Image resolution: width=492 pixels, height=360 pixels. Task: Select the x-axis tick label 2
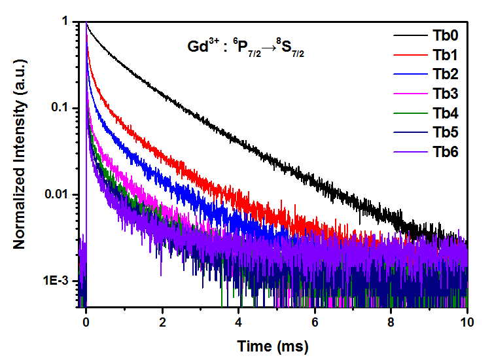coord(162,323)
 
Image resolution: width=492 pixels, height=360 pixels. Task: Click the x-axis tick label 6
coord(315,323)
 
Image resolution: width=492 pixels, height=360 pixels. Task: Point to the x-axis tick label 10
coord(466,323)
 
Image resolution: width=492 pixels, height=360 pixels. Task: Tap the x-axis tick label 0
coord(86,323)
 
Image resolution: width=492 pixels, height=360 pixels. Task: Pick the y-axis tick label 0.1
coord(60,108)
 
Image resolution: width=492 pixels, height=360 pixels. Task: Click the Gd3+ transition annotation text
coord(243,49)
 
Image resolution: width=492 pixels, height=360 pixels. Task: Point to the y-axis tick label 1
coord(66,22)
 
